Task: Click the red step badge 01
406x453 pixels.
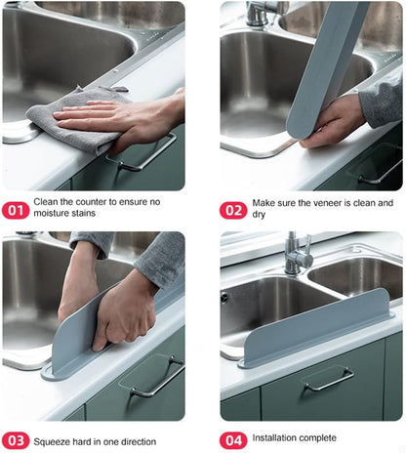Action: click(16, 210)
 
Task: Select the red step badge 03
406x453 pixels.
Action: click(16, 440)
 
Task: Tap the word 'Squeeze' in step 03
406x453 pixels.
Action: click(58, 439)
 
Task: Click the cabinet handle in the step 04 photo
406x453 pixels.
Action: click(327, 378)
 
